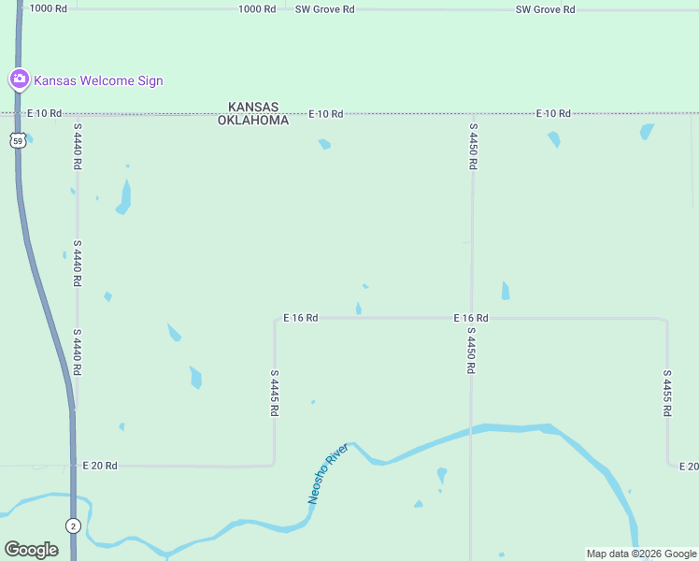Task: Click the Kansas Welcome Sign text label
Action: pyautogui.click(x=98, y=80)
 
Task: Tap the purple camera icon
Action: pyautogui.click(x=19, y=79)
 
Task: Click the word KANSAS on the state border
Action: pyautogui.click(x=253, y=108)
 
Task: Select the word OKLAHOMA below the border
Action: pyautogui.click(x=253, y=121)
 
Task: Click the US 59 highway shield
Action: pyautogui.click(x=18, y=140)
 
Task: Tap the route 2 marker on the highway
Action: pyautogui.click(x=73, y=525)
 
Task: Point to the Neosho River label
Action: pyautogui.click(x=328, y=474)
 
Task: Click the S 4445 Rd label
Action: pyautogui.click(x=275, y=393)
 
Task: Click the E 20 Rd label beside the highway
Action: pyautogui.click(x=98, y=465)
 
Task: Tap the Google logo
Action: pyautogui.click(x=31, y=550)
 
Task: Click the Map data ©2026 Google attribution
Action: pyautogui.click(x=641, y=554)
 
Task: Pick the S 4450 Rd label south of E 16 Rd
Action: pyautogui.click(x=472, y=351)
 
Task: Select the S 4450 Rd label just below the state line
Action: pyautogui.click(x=473, y=146)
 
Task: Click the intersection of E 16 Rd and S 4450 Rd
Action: pyautogui.click(x=472, y=318)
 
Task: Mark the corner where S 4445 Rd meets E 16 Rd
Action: pyautogui.click(x=275, y=319)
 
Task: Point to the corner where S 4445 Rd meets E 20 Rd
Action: pyautogui.click(x=274, y=464)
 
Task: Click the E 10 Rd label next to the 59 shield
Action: pyautogui.click(x=44, y=113)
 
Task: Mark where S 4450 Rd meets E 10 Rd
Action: pyautogui.click(x=473, y=114)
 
